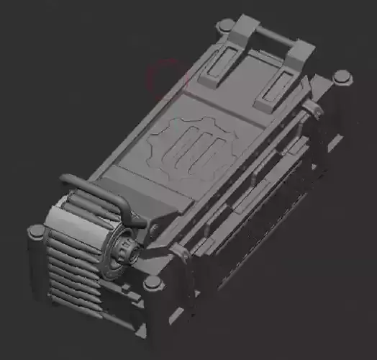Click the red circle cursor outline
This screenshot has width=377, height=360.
[166, 78]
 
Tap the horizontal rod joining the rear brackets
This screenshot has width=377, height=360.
[276, 34]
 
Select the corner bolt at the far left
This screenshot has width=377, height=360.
[36, 233]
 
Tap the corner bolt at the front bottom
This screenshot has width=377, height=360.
[152, 284]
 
